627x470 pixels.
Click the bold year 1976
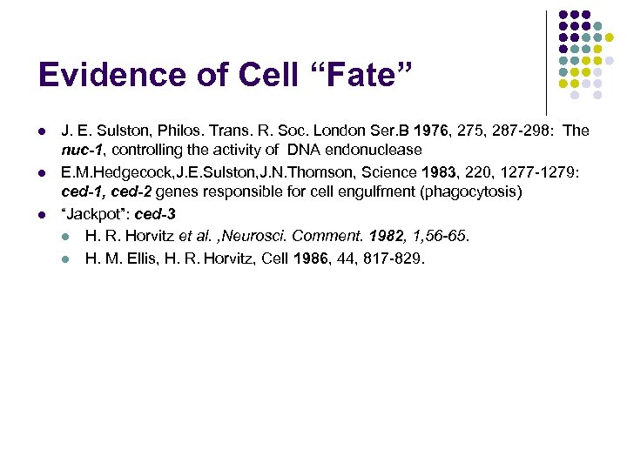tap(432, 131)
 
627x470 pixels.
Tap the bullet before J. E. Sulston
tap(42, 131)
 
